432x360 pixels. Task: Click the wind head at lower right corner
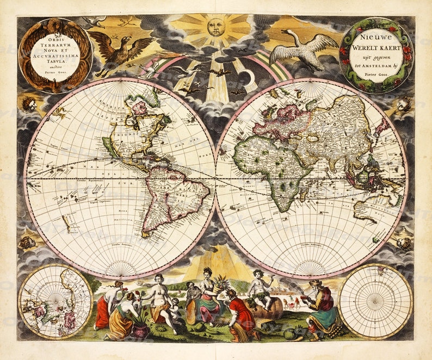404,243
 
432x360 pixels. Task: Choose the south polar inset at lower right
375,300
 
